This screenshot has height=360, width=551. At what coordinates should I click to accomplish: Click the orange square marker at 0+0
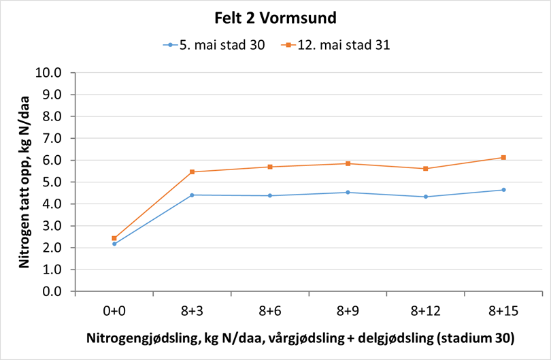click(x=114, y=238)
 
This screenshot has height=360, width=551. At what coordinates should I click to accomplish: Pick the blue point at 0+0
click(x=114, y=244)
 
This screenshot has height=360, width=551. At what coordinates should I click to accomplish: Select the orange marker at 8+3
click(x=193, y=171)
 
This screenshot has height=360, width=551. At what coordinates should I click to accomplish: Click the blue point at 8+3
click(x=193, y=195)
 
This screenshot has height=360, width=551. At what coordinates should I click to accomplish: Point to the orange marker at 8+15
click(x=503, y=157)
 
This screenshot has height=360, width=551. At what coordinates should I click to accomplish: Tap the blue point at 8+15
click(x=503, y=190)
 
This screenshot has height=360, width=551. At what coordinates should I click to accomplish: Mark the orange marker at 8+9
click(x=348, y=163)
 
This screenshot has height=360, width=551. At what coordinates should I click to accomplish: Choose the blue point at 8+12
click(x=426, y=197)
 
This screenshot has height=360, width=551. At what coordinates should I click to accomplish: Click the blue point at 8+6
click(x=270, y=195)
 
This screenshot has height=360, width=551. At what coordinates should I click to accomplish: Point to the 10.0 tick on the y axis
click(x=52, y=73)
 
